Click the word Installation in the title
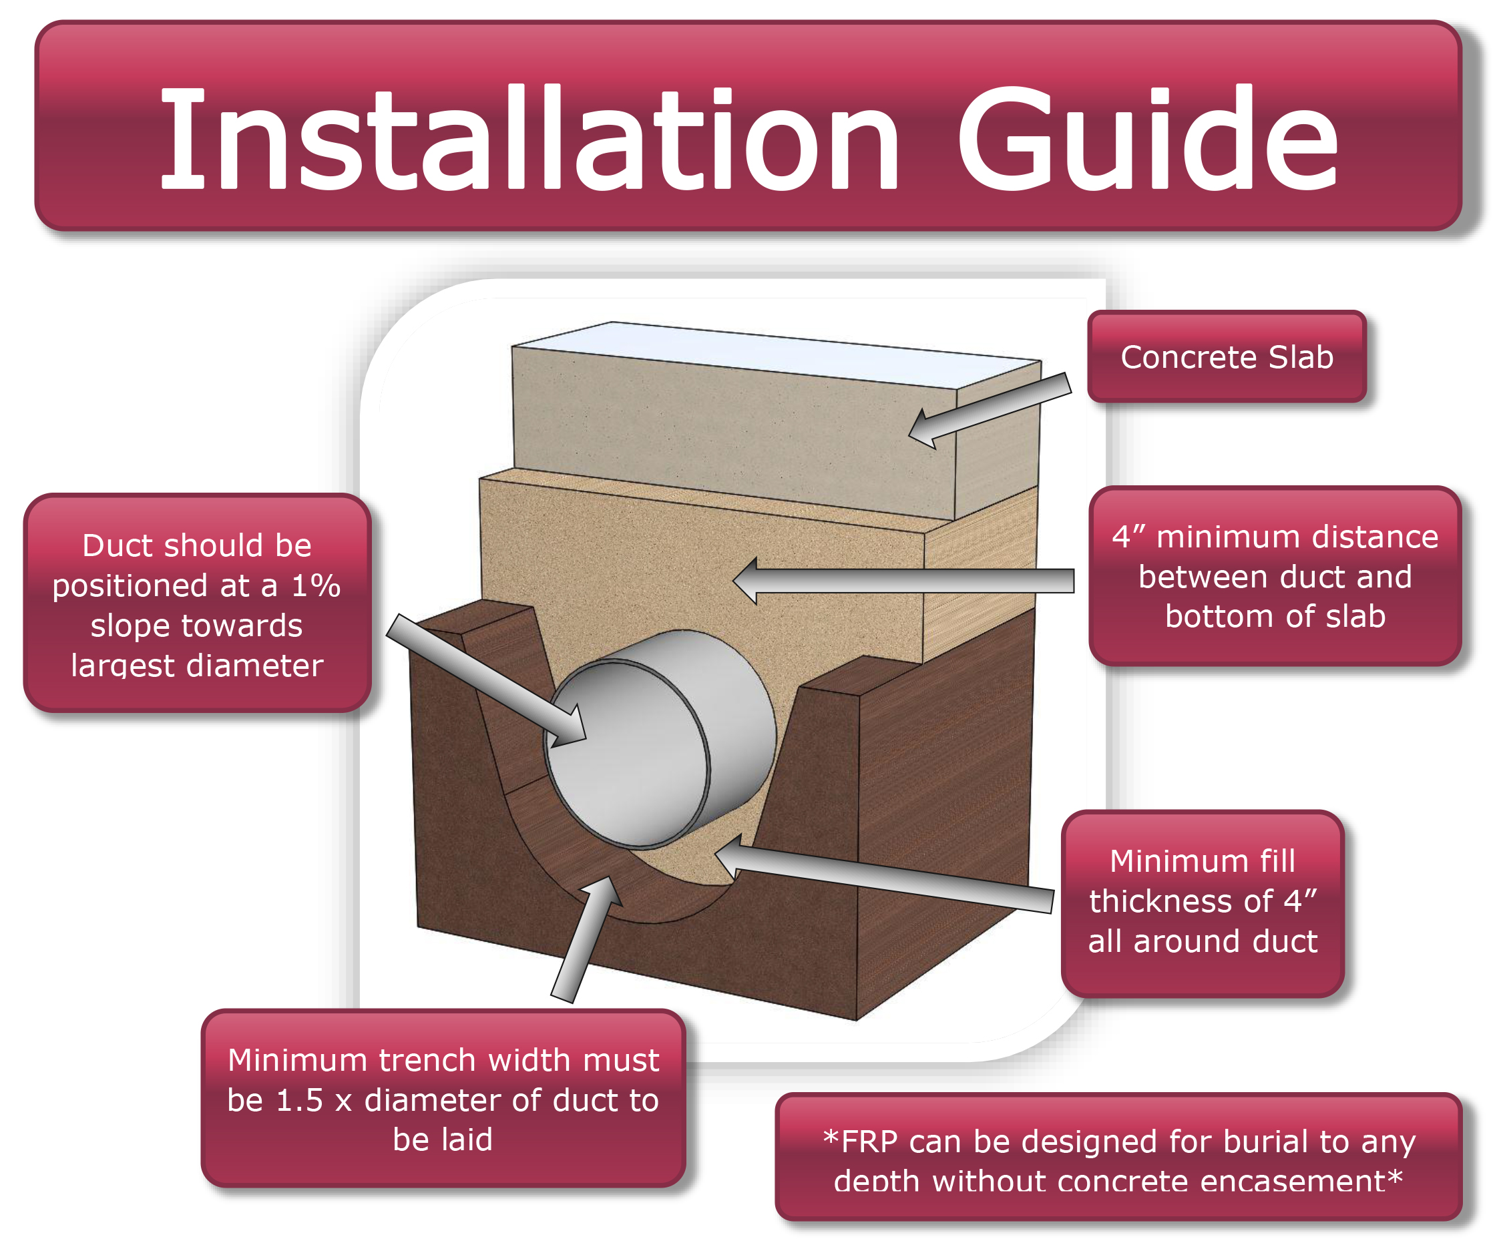(529, 138)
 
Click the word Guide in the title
(1148, 138)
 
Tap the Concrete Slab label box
(1227, 356)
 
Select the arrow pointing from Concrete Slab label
(990, 411)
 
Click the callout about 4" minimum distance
(1275, 576)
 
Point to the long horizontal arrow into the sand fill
(903, 580)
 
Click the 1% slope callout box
(197, 603)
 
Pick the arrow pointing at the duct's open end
(486, 680)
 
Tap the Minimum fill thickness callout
(1203, 902)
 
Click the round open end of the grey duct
(628, 755)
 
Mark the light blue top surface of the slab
(777, 354)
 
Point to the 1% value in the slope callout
(315, 586)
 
